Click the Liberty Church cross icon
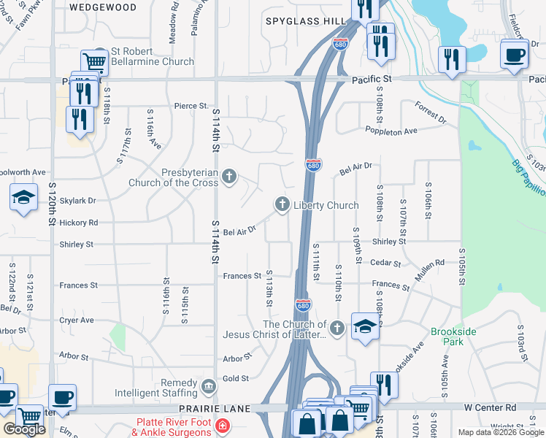(282, 205)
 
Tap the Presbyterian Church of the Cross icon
(230, 176)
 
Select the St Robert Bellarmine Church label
(153, 57)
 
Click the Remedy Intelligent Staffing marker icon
(208, 384)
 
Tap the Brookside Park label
(453, 337)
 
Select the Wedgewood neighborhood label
(103, 7)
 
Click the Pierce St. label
(191, 106)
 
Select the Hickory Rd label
(80, 222)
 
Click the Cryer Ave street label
(77, 320)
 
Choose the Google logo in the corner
(24, 429)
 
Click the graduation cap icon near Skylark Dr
(24, 197)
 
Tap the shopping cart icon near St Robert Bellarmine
(95, 61)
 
